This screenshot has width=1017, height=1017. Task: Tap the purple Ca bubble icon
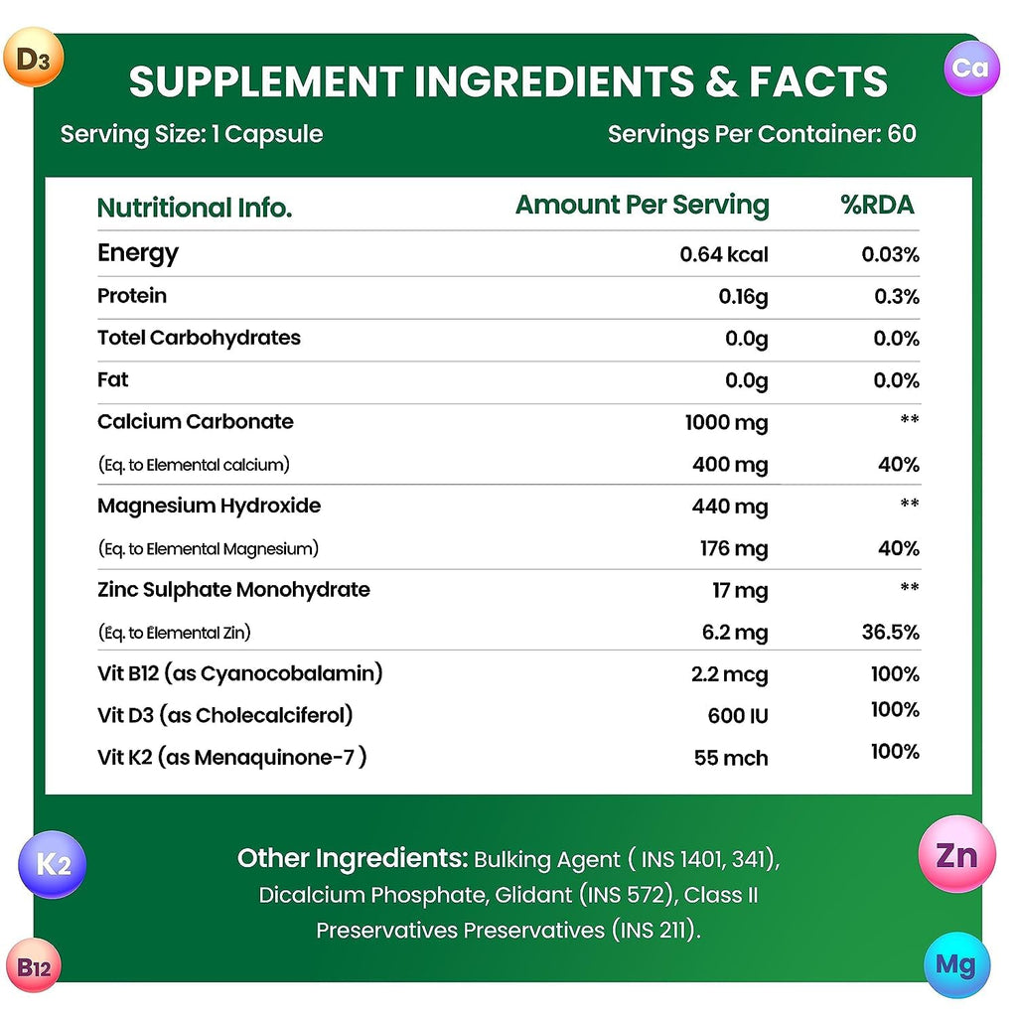[971, 67]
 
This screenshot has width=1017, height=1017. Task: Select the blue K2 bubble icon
[53, 864]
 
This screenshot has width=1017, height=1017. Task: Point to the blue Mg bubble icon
[956, 964]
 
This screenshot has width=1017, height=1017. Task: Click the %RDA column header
[877, 206]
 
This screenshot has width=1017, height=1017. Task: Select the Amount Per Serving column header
[642, 206]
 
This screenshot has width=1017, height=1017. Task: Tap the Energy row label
[138, 253]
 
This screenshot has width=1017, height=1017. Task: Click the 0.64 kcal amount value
[723, 254]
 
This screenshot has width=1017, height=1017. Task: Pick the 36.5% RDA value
[891, 633]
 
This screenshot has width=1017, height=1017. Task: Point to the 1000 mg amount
[726, 423]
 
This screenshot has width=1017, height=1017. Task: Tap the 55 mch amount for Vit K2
[731, 758]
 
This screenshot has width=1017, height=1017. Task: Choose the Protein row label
[132, 296]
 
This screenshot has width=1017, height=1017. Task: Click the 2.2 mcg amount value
[729, 675]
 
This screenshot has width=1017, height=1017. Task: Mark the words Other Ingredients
[351, 858]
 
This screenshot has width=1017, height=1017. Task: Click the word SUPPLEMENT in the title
[263, 81]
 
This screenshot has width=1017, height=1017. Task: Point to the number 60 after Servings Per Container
[902, 134]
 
